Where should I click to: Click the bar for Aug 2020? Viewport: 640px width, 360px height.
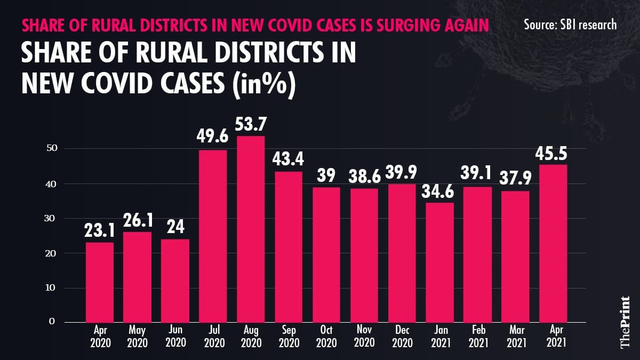[x=251, y=229]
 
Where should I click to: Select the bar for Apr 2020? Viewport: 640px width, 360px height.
[x=100, y=282]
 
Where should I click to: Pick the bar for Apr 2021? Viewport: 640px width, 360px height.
[x=553, y=243]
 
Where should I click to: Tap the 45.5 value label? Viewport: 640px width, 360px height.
[x=553, y=153]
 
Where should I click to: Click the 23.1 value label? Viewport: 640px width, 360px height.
[x=100, y=231]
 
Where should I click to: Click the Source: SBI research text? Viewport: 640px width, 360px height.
[x=570, y=24]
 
